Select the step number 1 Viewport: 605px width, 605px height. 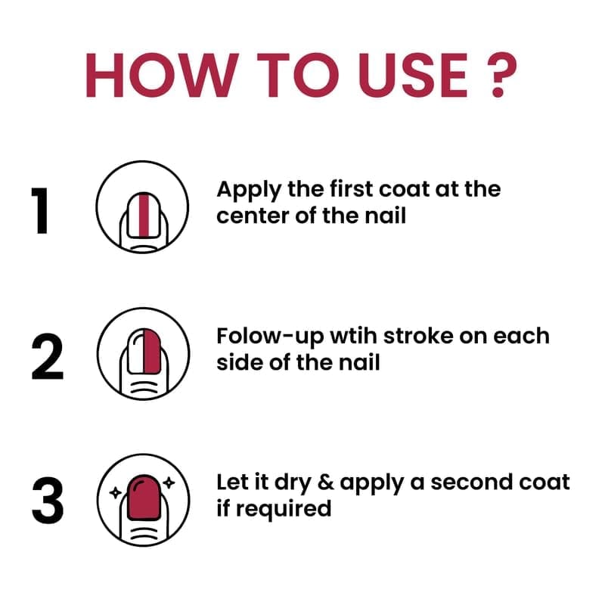[41, 211]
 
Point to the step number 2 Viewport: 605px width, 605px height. [47, 357]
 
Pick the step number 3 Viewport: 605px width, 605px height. [48, 501]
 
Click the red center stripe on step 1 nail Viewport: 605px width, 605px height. [144, 215]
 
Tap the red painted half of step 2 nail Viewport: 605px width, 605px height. [152, 351]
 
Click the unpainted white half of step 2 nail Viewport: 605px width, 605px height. [135, 352]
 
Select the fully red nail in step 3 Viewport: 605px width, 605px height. [144, 498]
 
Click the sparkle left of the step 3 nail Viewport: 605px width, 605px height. [116, 492]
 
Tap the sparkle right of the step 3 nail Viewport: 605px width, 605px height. [169, 482]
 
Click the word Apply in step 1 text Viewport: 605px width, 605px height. [249, 191]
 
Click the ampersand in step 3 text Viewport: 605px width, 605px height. [327, 482]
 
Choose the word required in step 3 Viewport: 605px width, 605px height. [284, 510]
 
